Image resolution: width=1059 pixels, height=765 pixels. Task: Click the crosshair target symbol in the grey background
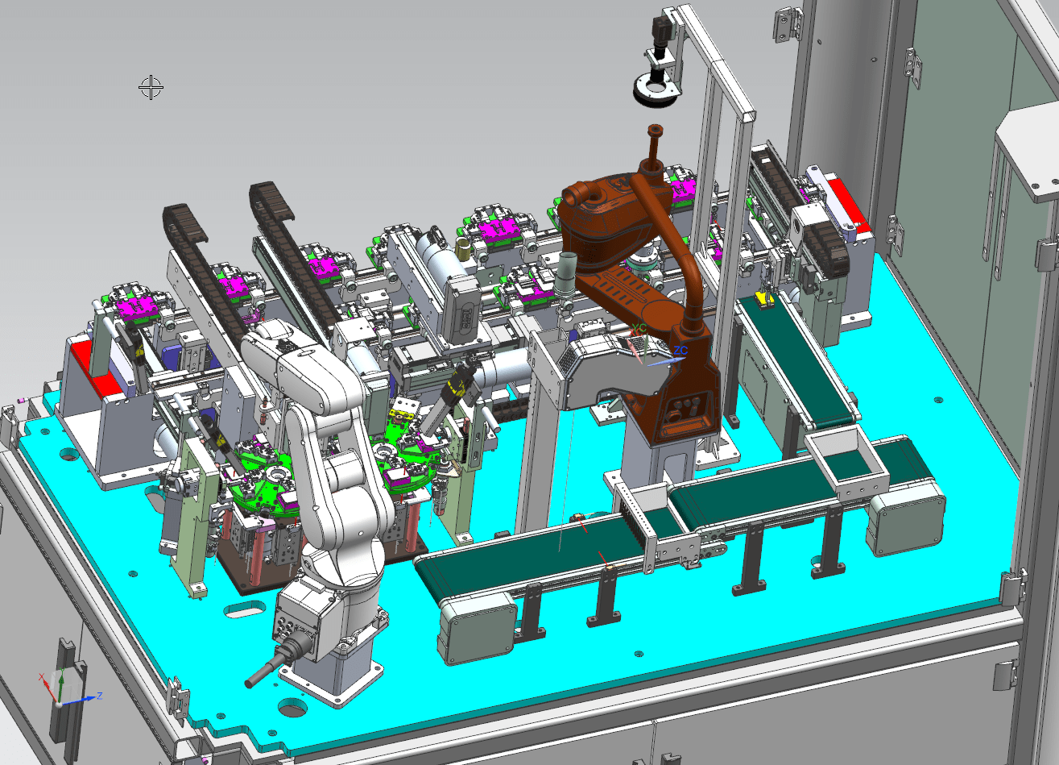151,87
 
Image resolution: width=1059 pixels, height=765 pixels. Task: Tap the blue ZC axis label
680,351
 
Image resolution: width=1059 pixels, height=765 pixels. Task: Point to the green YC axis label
639,328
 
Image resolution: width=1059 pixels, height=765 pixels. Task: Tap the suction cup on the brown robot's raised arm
653,130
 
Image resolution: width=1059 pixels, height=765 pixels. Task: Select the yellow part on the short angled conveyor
762,301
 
